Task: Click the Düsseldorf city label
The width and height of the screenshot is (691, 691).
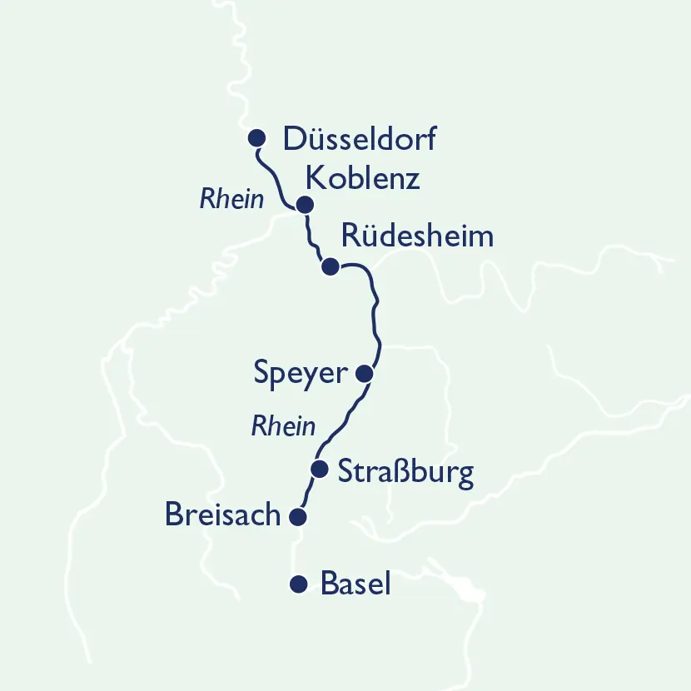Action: point(360,138)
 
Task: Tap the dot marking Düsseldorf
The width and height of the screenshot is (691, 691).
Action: point(257,137)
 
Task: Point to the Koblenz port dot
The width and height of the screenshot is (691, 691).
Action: point(305,205)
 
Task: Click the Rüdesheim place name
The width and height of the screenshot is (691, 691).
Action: point(417,236)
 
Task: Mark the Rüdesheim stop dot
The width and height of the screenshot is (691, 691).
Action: point(330,266)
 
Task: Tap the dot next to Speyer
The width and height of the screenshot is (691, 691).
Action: point(364,374)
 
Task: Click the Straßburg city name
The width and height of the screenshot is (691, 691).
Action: point(405,472)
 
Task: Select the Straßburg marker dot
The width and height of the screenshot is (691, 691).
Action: point(318,470)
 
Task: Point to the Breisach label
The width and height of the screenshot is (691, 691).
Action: point(223,515)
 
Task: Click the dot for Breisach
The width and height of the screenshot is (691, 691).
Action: point(297,517)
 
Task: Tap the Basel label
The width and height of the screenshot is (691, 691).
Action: point(355,584)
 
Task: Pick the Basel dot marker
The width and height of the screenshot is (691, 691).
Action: point(297,584)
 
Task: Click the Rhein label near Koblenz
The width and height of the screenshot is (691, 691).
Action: point(232,200)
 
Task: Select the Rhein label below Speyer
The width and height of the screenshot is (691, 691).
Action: point(284,427)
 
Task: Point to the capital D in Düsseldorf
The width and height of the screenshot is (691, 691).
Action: point(294,139)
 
